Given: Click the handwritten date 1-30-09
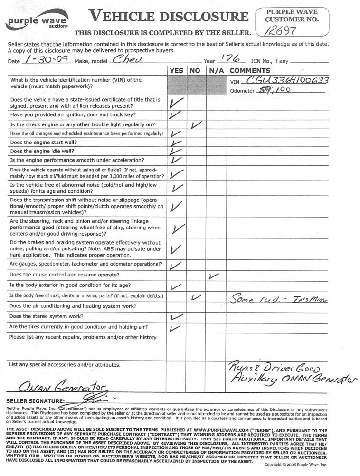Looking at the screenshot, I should [x=47, y=60].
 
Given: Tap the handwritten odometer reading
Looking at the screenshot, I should [x=274, y=89].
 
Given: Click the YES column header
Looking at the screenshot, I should [x=176, y=70].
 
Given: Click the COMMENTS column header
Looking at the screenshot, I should [x=250, y=70].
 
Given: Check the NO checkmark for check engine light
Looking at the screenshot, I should [x=196, y=125].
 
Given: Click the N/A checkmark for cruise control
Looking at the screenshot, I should [x=214, y=276].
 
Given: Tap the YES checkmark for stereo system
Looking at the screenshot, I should [x=175, y=317].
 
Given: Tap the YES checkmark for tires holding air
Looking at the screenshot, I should [x=175, y=328].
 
